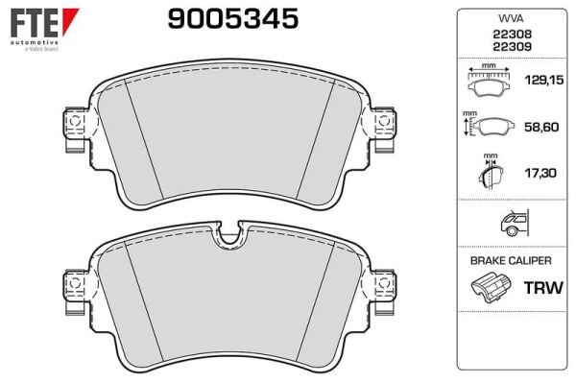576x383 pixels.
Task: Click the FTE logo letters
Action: point(35,23)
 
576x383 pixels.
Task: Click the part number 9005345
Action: point(233,18)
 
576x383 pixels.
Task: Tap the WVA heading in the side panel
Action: point(511,18)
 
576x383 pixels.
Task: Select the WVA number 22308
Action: point(512,35)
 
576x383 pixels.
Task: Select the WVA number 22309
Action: point(512,47)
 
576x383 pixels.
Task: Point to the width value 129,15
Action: point(544,80)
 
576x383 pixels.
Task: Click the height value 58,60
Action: point(541,127)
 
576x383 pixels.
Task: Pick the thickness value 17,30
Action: point(540,173)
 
